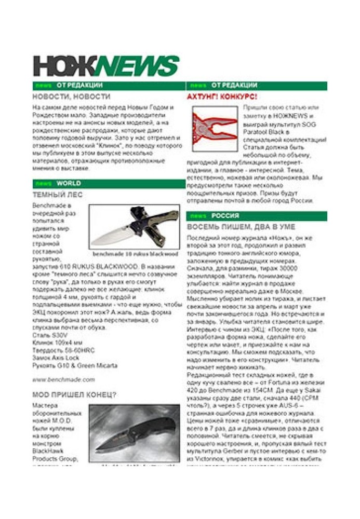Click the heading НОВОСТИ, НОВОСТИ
click(72, 97)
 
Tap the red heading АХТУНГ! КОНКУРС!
click(222, 97)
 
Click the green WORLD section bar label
click(69, 184)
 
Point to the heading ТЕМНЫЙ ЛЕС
click(58, 195)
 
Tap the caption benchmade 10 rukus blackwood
click(135, 254)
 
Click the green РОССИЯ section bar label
click(225, 216)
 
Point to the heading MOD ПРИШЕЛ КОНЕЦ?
click(74, 394)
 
